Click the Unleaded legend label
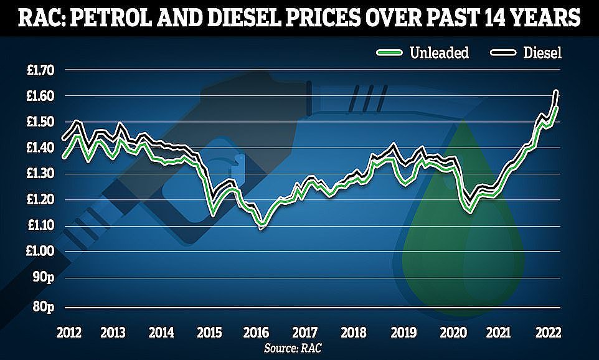[x=440, y=53]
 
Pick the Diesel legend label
[x=542, y=53]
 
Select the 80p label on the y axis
[x=44, y=307]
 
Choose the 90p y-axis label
[x=44, y=277]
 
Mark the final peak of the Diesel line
[x=556, y=92]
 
